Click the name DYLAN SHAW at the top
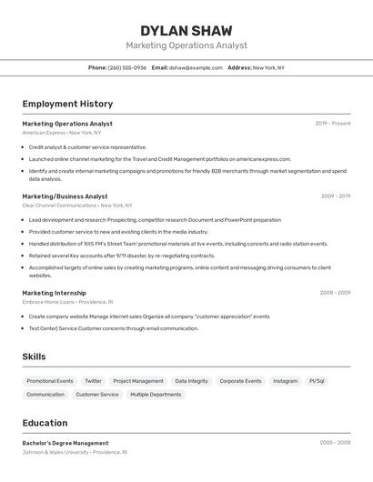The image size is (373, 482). pos(186,31)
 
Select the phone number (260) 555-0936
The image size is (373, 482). pos(127,67)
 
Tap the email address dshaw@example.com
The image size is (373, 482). pos(197,67)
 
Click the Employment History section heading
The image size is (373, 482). pos(67,104)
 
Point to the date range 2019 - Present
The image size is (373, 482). pos(332,124)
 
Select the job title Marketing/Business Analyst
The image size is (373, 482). pos(65,196)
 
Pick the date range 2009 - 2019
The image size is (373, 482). pos(335,196)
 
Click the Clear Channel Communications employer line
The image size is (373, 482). pos(77,206)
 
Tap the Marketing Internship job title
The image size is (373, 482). pos(54,293)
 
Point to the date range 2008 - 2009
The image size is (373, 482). pos(335,293)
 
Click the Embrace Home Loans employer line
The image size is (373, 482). pos(67,302)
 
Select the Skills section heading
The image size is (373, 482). pos(34,357)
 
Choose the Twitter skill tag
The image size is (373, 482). pos(93,381)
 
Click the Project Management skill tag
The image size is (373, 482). pos(138,381)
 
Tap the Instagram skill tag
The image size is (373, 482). pos(285,381)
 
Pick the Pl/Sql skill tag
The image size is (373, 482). pos(317,381)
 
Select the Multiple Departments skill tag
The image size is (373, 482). pos(156,395)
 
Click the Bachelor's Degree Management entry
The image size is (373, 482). pos(66,443)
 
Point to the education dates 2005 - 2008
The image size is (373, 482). pos(335,443)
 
